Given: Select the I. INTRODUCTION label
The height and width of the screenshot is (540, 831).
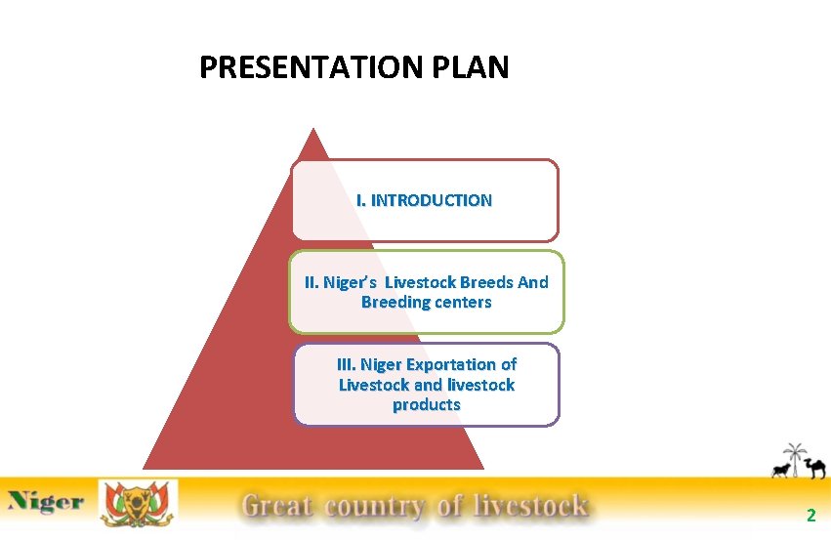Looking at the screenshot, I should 425,200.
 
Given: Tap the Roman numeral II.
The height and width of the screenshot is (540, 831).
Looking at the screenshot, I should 312,282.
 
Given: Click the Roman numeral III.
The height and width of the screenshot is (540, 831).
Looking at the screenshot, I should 346,364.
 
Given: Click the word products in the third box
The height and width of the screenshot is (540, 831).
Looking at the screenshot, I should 426,405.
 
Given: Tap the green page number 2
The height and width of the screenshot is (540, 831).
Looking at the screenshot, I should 810,515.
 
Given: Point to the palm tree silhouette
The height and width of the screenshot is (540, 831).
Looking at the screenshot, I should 794,458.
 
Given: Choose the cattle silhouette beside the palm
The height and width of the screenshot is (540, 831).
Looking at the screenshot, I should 780,472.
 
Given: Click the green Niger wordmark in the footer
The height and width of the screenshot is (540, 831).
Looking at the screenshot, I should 46,504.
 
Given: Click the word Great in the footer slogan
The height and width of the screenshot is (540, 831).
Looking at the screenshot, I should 277,506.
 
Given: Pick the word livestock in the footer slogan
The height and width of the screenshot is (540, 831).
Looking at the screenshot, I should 530,506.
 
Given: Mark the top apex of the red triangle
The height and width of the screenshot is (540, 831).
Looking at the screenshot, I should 312,130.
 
